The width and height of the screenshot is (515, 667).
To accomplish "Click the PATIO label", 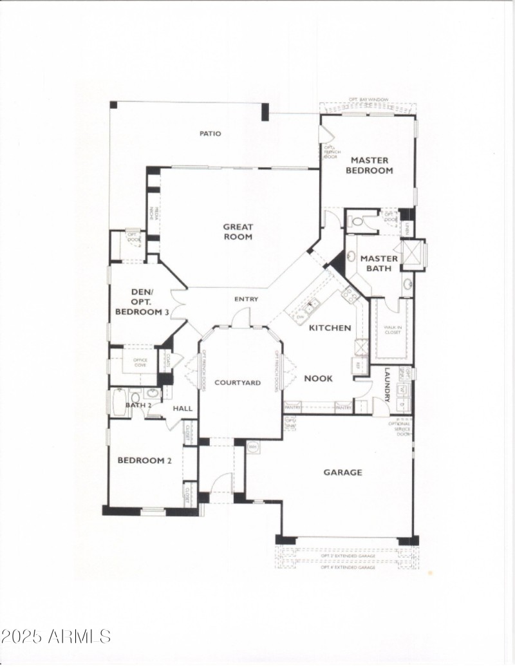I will (210, 134).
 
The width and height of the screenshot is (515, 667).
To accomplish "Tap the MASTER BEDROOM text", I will (369, 165).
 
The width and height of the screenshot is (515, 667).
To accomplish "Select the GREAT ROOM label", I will (238, 232).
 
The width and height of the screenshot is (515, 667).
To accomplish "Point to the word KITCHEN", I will (330, 328).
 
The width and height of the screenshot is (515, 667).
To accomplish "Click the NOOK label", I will (318, 379).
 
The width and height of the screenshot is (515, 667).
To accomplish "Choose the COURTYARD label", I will (238, 382).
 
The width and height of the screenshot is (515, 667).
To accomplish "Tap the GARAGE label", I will (342, 473).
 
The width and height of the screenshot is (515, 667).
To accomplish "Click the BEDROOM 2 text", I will (144, 460).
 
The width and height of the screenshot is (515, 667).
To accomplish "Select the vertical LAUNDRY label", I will (388, 384).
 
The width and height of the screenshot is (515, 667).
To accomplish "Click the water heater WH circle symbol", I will (253, 446).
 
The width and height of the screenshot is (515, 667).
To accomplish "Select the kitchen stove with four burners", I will (351, 296).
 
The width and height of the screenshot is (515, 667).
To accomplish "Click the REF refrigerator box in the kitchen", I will (357, 366).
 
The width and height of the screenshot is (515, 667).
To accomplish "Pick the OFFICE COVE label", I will (140, 362).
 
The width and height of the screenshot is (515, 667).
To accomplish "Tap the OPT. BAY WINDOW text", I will (368, 100).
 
